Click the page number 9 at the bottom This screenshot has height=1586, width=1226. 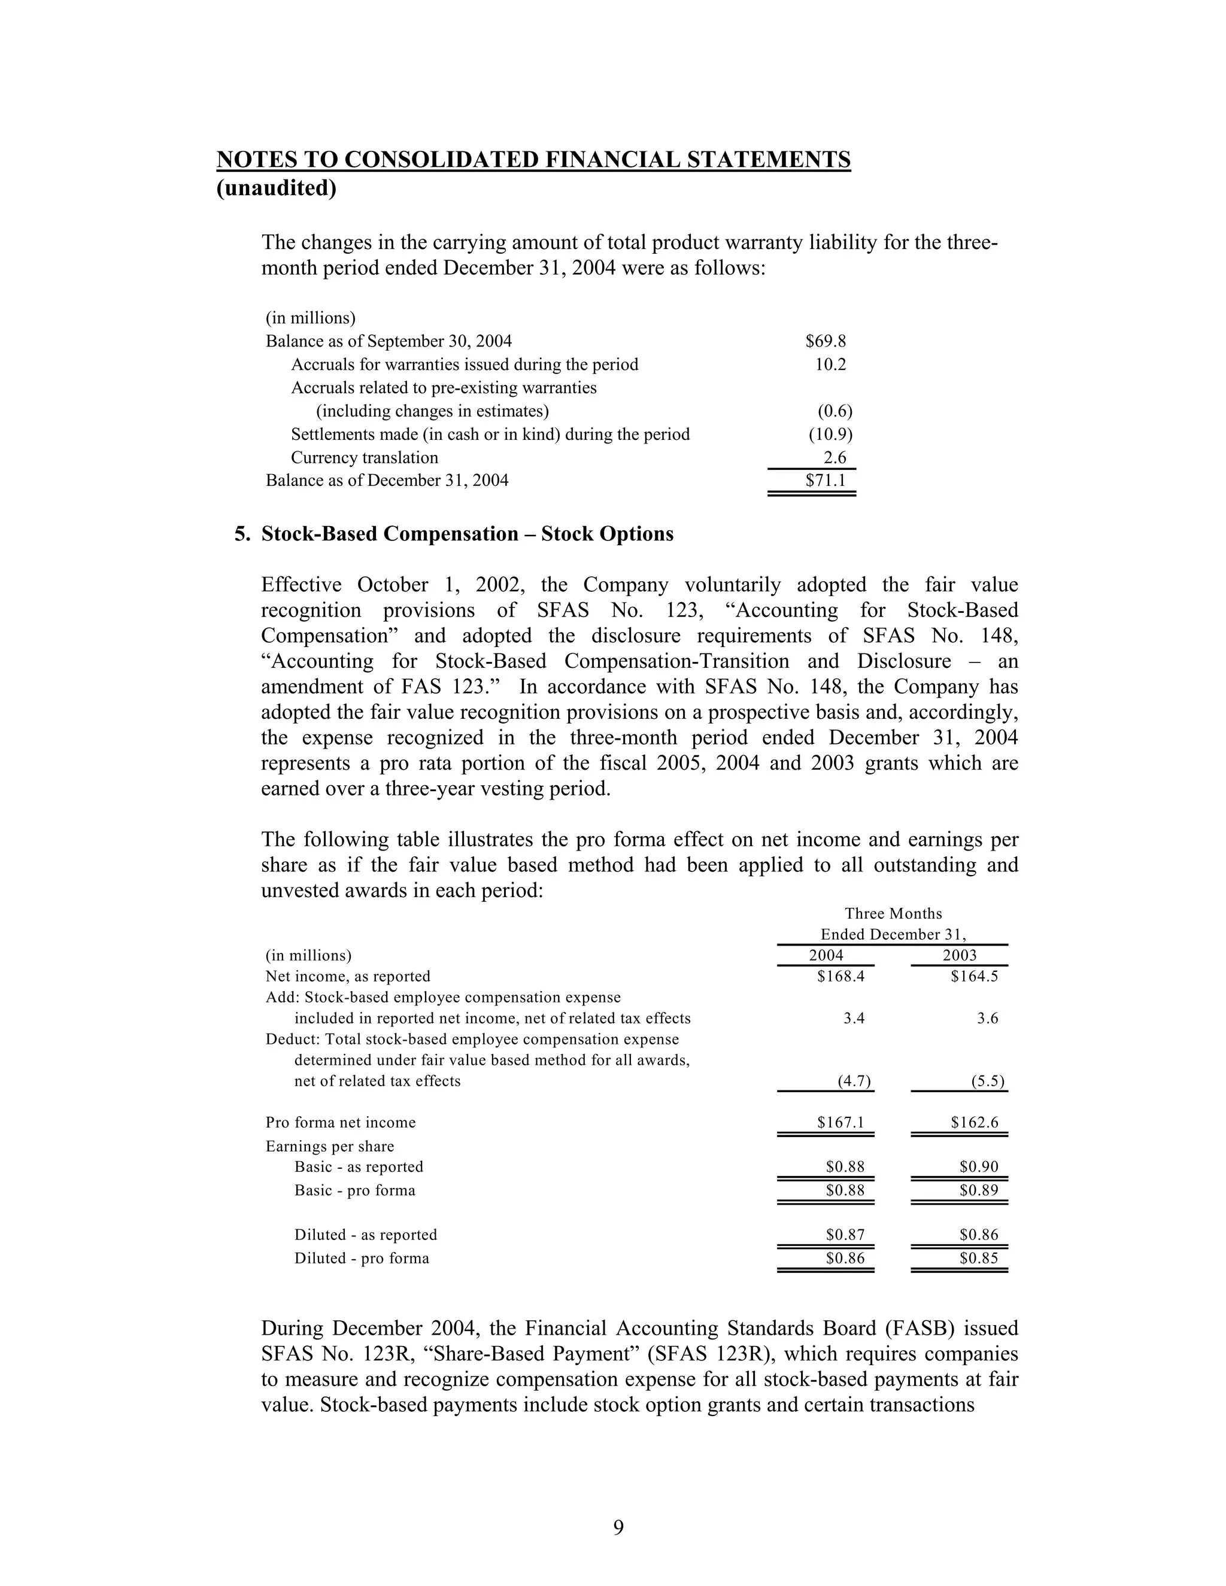coord(618,1527)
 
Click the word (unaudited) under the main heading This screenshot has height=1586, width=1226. coord(276,188)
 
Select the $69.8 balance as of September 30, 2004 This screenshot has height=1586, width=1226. coord(825,341)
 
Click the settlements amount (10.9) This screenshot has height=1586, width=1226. coord(830,435)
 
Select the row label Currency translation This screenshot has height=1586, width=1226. coord(365,457)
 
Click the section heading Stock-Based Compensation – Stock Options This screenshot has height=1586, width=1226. coord(467,534)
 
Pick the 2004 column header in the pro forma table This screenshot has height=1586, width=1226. coord(826,956)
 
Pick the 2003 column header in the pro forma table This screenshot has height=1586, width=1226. coord(960,956)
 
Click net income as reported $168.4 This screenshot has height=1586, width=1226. coord(840,977)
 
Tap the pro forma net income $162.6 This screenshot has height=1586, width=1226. coord(974,1123)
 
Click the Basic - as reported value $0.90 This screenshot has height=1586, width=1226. coord(978,1167)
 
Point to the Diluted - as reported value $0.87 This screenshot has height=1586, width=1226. coord(845,1235)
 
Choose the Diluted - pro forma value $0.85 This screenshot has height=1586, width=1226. coord(978,1259)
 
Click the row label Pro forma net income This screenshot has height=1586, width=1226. coord(341,1123)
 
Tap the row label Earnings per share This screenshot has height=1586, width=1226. coord(330,1147)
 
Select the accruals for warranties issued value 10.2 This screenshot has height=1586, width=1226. coord(830,364)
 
